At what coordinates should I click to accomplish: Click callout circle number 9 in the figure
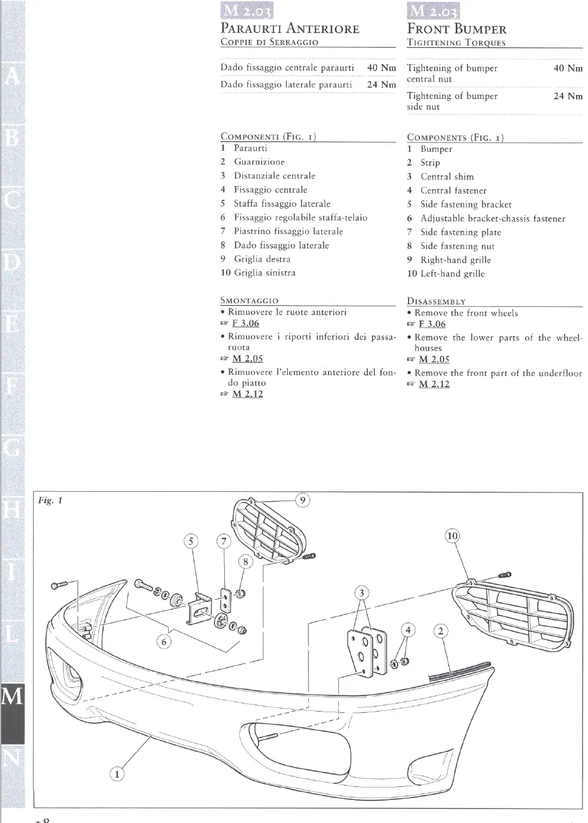(302, 500)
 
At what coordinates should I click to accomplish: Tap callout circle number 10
(452, 536)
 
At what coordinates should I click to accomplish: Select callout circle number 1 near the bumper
(117, 774)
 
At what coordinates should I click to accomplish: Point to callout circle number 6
(164, 641)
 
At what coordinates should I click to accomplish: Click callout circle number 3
(361, 593)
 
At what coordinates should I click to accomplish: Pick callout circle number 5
(191, 541)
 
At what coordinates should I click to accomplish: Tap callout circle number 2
(440, 631)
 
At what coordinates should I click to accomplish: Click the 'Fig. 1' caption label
(50, 501)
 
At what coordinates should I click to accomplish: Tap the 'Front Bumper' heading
(457, 29)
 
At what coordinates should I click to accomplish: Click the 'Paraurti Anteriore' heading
(290, 28)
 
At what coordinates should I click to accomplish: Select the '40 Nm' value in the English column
(567, 68)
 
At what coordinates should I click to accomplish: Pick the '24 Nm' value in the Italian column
(381, 85)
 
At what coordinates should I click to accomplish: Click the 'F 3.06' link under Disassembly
(432, 324)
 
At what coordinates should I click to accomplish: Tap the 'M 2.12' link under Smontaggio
(247, 394)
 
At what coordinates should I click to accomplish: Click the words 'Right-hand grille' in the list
(455, 260)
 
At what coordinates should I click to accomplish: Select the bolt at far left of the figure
(60, 585)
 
